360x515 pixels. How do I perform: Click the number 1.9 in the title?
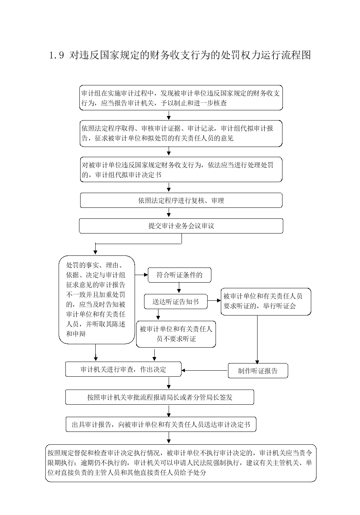(57, 56)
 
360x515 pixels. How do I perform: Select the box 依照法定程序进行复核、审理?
(181, 200)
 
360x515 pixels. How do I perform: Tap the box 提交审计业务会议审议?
(181, 226)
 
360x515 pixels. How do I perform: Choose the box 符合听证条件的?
(179, 275)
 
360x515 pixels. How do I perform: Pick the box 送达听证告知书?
(176, 302)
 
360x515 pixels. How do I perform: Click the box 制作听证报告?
(258, 371)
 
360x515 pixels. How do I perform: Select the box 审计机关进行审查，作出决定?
(123, 369)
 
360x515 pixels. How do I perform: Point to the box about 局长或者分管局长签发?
(160, 397)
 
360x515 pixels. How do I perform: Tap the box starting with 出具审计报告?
(161, 424)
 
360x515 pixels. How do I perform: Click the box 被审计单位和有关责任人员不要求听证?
(176, 334)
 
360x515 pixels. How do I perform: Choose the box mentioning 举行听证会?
(266, 302)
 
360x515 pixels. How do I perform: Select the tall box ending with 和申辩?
(96, 300)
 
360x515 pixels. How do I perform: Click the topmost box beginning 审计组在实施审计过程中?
(181, 98)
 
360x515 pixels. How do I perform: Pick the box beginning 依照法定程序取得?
(181, 133)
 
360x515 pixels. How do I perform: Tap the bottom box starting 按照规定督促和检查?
(181, 463)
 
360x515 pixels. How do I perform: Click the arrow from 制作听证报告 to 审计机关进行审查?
(205, 370)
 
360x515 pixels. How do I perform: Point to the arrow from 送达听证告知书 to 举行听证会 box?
(214, 300)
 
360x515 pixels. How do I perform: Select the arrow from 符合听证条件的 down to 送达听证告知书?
(179, 288)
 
